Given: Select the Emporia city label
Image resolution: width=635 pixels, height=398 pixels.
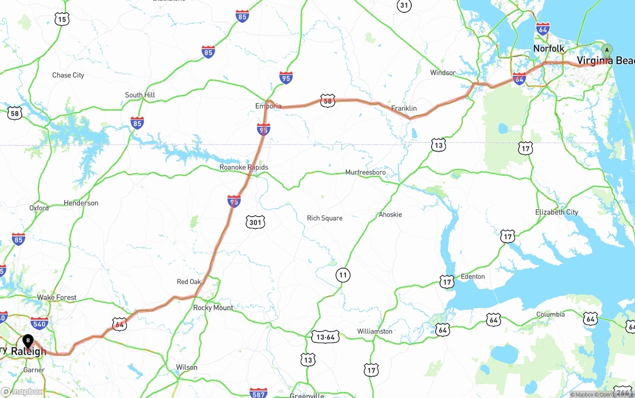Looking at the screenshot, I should point(268,106).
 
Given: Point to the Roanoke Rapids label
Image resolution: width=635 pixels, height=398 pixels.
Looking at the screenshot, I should point(244,168).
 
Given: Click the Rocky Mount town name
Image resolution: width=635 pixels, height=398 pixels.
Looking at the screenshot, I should point(213,308).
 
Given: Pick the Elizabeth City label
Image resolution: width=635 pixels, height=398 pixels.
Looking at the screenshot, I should point(557,212).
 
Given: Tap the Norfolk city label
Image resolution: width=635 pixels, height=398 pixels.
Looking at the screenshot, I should point(549,49).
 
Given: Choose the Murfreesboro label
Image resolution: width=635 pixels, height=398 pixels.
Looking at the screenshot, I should point(365,172).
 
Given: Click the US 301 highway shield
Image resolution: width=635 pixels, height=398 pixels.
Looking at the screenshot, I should point(255,223).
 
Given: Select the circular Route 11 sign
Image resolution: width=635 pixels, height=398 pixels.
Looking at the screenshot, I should point(342,275).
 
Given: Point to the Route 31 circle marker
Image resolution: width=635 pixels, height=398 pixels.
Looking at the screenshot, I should point(404,5).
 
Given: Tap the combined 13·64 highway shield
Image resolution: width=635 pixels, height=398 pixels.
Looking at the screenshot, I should point(325,337).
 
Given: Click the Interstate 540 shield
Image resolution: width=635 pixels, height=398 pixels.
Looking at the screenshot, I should point(39,324).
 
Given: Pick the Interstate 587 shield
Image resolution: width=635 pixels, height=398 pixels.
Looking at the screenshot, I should point(258,393).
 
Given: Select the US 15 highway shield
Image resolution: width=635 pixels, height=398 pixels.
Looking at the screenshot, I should point(62,19).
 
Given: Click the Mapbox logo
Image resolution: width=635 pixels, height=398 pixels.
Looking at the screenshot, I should point(22,392).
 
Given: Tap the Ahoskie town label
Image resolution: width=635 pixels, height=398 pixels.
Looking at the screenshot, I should point(390,215).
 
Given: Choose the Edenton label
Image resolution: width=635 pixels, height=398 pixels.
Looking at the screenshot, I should point(473,277).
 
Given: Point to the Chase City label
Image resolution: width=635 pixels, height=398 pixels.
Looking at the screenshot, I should point(68,75).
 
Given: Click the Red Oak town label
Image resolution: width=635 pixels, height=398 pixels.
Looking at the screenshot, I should point(189,282).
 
